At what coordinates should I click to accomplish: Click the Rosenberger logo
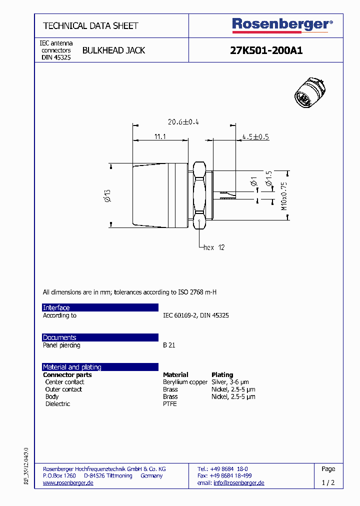[x=282, y=24]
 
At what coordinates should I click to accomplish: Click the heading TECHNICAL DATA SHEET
[x=90, y=25]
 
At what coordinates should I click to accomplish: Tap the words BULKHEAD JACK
[x=113, y=50]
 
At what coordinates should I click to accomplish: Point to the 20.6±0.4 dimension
[x=183, y=122]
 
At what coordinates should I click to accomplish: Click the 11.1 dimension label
[x=159, y=136]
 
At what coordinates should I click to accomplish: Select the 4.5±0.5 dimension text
[x=255, y=136]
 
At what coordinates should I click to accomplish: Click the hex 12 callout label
[x=214, y=247]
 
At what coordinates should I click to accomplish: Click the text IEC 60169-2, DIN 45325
[x=196, y=315]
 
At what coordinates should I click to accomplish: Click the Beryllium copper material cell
[x=185, y=382]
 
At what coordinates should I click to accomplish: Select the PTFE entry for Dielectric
[x=170, y=403]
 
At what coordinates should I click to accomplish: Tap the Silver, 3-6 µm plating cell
[x=230, y=382]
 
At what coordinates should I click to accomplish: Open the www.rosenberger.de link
[x=68, y=482]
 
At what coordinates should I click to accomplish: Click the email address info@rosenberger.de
[x=238, y=482]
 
